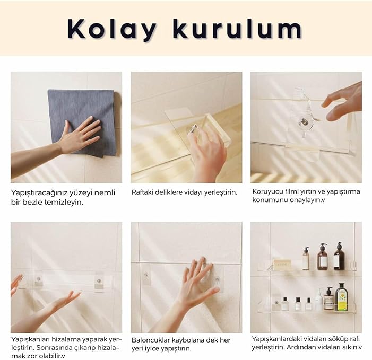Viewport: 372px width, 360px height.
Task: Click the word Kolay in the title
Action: [x=112, y=29]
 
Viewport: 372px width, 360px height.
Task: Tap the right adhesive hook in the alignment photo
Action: [x=99, y=282]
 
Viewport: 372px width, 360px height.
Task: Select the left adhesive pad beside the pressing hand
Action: [x=146, y=275]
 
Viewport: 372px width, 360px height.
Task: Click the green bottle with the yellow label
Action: [x=341, y=297]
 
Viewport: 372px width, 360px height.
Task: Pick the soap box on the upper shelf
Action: [x=282, y=264]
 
